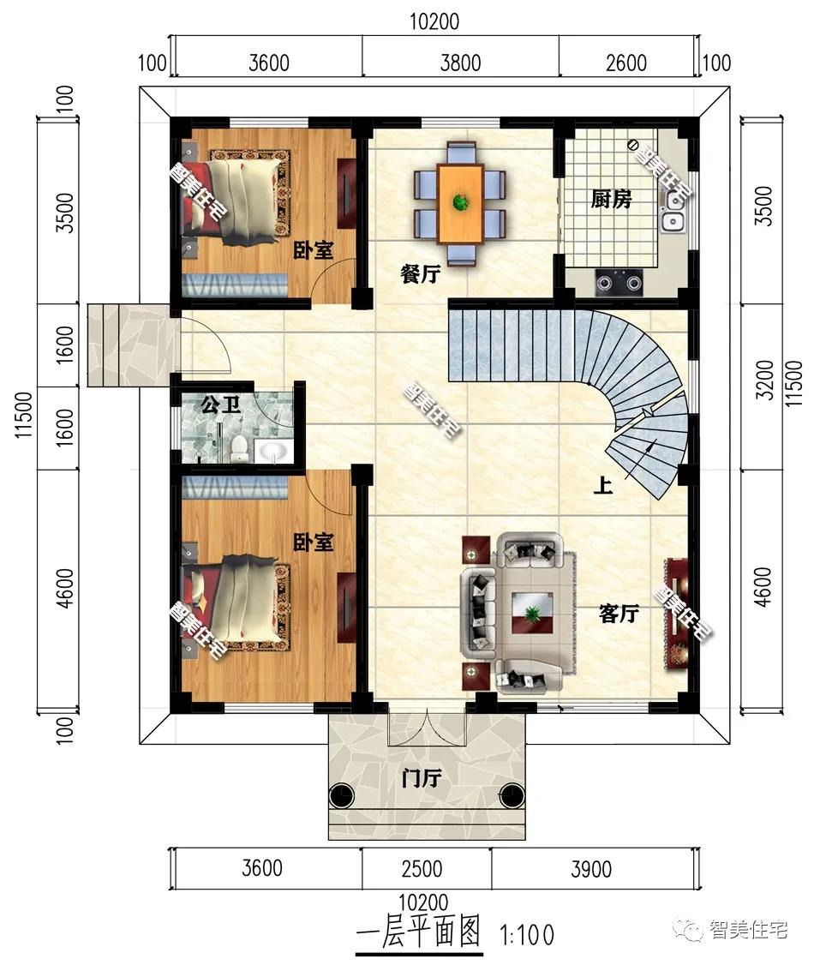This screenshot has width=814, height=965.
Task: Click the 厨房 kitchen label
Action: (x=611, y=199)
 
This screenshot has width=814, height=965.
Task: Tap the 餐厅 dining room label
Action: (x=420, y=274)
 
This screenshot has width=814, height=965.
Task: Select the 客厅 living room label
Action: (x=619, y=613)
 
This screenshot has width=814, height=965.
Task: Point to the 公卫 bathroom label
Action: (x=220, y=405)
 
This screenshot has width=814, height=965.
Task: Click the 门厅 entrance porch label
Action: (x=422, y=778)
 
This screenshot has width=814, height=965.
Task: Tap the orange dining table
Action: (x=459, y=204)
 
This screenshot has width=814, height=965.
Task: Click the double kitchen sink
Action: (x=673, y=211)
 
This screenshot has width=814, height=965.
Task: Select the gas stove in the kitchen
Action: (x=619, y=283)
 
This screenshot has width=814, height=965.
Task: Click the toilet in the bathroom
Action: (x=238, y=449)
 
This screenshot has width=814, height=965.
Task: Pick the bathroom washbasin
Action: (x=272, y=453)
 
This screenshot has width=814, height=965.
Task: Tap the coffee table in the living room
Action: (x=532, y=613)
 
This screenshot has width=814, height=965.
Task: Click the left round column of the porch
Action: (x=342, y=796)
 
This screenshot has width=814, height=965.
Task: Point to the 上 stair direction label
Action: (x=603, y=486)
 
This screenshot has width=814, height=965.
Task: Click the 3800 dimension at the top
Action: (x=460, y=63)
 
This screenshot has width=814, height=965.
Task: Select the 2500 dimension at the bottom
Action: (x=422, y=868)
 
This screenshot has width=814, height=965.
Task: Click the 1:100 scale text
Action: (x=528, y=936)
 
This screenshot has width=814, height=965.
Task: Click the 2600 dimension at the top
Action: (x=626, y=63)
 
